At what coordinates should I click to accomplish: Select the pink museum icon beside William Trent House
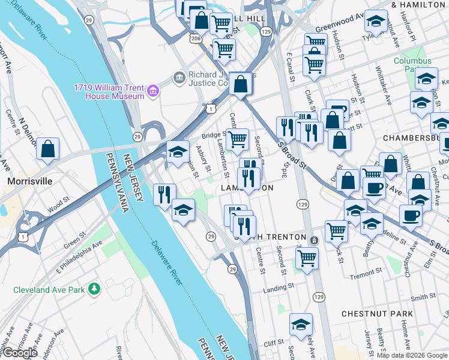pos(153,91)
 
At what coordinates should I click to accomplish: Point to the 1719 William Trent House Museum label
pos(109,91)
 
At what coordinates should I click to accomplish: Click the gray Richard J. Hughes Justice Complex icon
pos(178,77)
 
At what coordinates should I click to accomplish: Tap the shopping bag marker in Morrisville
pos(47,149)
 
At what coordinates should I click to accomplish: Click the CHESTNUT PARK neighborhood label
pos(377,314)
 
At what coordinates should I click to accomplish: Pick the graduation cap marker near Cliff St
pos(301,325)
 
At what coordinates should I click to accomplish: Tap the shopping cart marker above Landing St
pos(307,258)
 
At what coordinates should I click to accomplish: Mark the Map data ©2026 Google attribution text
pos(412,355)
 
